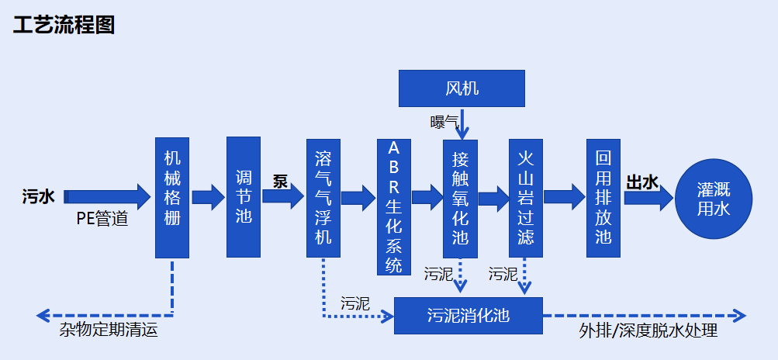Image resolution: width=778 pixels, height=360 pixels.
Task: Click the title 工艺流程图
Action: click(64, 26)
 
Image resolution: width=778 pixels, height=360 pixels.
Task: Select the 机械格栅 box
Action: click(172, 198)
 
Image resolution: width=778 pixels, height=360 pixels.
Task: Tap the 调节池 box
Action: click(244, 197)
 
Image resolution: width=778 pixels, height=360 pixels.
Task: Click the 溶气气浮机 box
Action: click(323, 199)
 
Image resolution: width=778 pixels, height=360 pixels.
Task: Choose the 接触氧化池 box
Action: click(460, 199)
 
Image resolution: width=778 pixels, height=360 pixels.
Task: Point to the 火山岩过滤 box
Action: click(526, 199)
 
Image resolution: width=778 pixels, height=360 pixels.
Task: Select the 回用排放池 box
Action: click(603, 197)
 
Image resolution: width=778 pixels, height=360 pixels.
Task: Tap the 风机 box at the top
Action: click(462, 88)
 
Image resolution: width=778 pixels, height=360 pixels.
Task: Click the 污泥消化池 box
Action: click(468, 316)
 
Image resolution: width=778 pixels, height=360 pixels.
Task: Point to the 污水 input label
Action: click(39, 197)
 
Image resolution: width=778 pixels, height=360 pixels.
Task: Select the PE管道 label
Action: click(102, 219)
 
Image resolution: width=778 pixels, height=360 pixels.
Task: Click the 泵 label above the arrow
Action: click(280, 182)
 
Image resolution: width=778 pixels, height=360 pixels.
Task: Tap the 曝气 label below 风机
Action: click(444, 121)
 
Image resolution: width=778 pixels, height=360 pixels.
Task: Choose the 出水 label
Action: click(642, 183)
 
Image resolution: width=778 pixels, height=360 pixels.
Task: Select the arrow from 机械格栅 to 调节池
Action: click(208, 198)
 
